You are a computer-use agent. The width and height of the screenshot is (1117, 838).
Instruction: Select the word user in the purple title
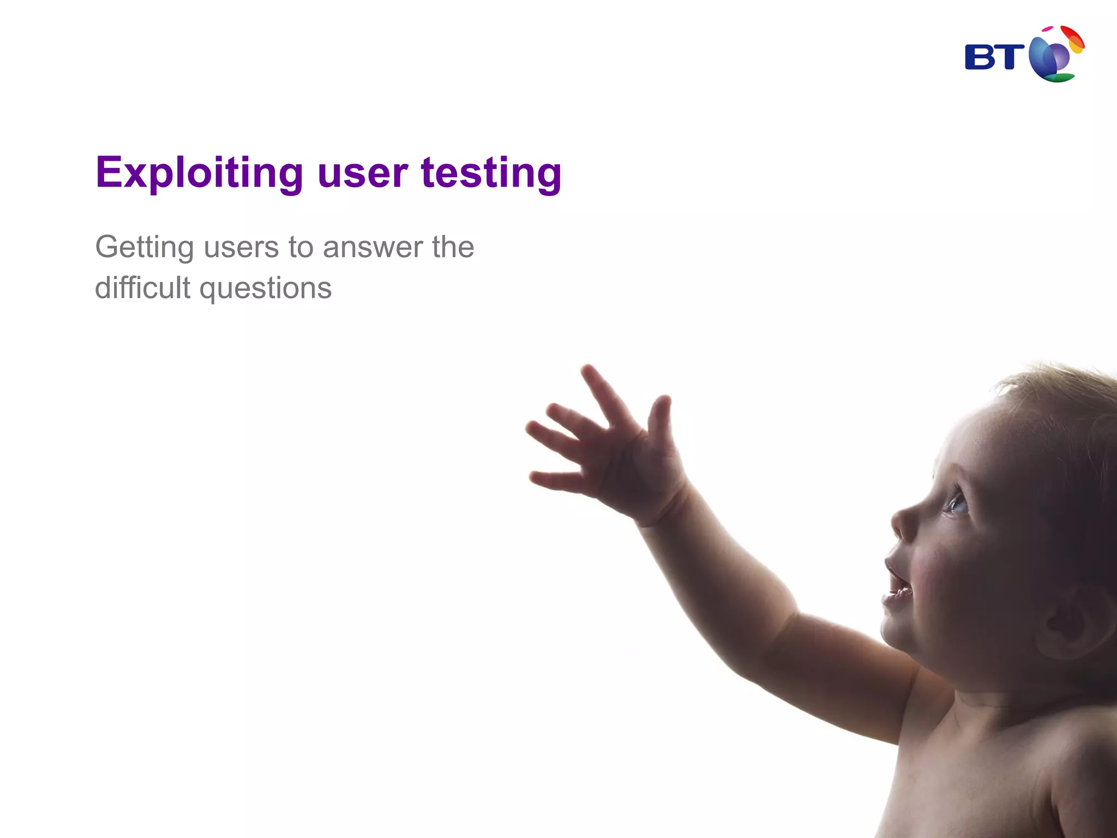362,173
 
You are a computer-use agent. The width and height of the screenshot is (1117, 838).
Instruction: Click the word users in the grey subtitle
241,248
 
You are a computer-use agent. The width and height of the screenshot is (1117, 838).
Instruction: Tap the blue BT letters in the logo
994,57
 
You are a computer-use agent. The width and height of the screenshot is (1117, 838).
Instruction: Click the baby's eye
957,504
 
